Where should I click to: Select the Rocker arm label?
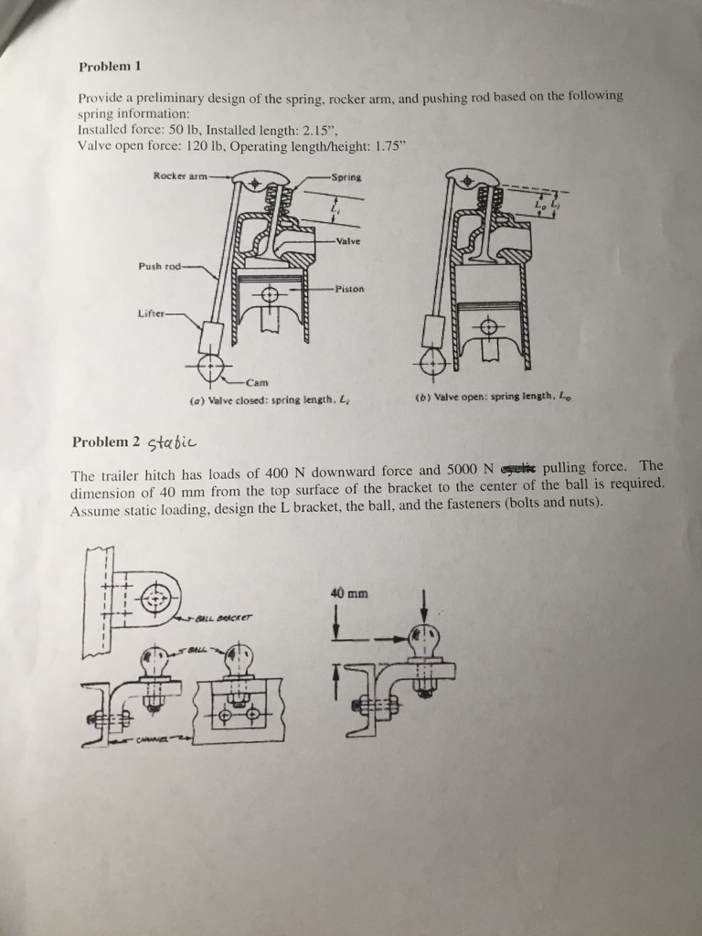coord(179,175)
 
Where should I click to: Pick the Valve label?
coord(348,241)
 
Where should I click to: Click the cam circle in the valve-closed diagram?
coord(210,367)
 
